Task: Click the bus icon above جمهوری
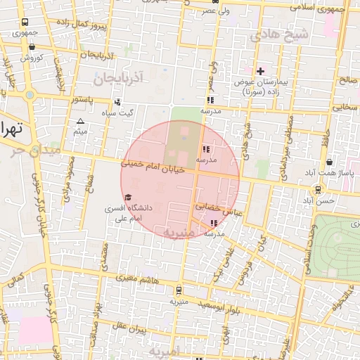click(26, 22)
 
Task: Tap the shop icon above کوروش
click(32, 47)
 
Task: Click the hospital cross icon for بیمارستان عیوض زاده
click(260, 71)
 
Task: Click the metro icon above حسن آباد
click(319, 189)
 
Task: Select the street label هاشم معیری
click(137, 281)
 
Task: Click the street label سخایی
click(345, 108)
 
